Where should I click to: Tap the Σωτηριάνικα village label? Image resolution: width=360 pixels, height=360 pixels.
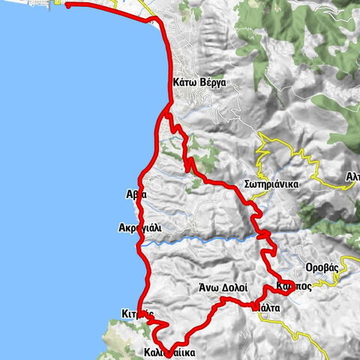pyautogui.click(x=272, y=184)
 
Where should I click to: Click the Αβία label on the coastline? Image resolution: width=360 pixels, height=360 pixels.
pyautogui.click(x=136, y=193)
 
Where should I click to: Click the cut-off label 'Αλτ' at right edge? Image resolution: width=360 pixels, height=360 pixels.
pyautogui.click(x=352, y=177)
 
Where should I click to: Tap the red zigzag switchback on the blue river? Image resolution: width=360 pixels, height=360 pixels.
pyautogui.click(x=263, y=237)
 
